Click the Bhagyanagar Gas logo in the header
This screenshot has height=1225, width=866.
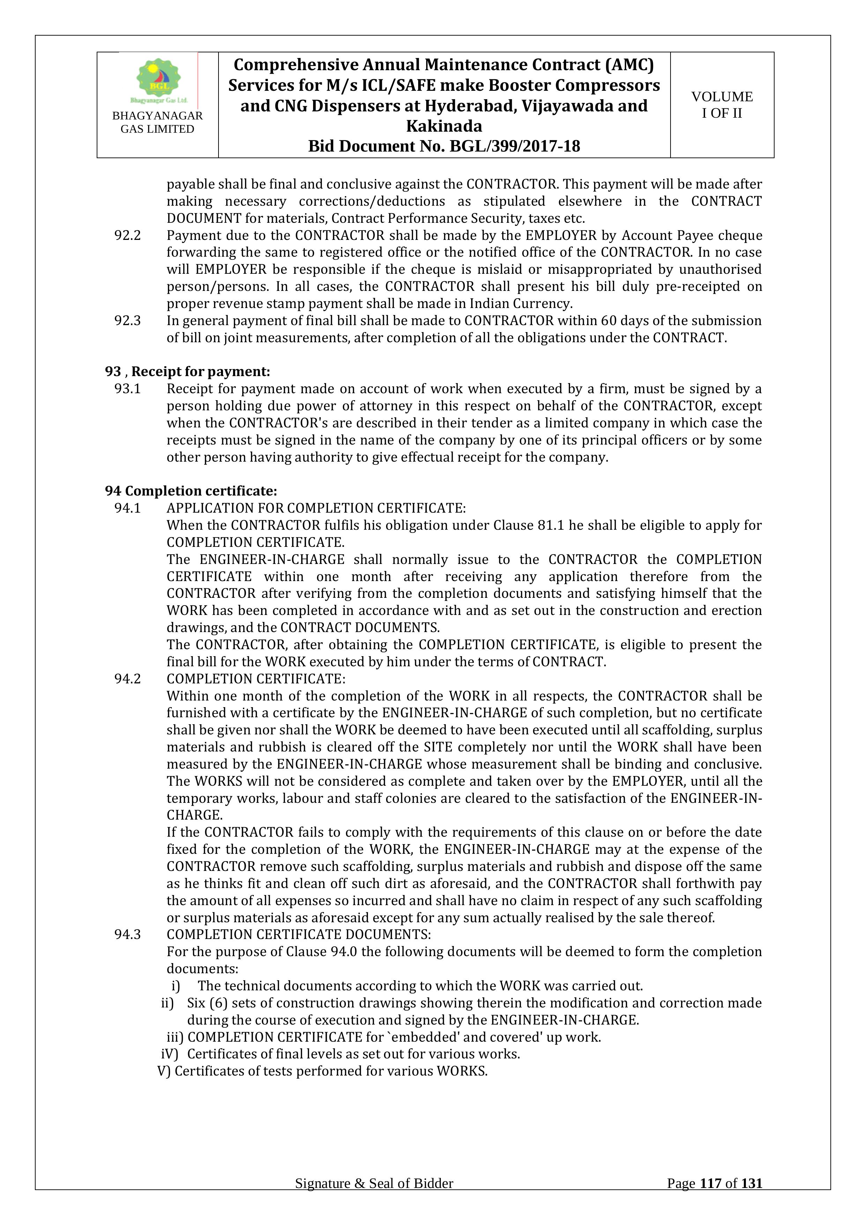[158, 80]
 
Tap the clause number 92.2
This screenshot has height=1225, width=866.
[127, 235]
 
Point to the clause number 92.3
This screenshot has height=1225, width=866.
[127, 321]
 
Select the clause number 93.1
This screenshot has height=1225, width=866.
[127, 389]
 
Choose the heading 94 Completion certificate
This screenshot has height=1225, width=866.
[191, 491]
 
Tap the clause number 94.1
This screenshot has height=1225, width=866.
[127, 508]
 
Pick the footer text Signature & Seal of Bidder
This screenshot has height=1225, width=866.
[374, 1198]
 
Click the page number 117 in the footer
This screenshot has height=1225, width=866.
[710, 1198]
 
